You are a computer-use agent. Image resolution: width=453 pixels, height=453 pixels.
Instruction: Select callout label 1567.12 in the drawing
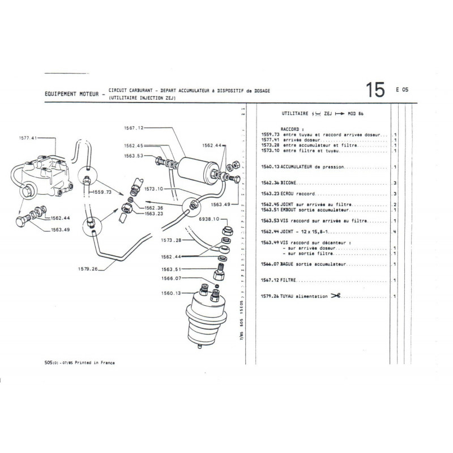(134, 127)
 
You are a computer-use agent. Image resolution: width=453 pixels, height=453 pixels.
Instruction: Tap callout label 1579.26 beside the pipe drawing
(89, 270)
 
